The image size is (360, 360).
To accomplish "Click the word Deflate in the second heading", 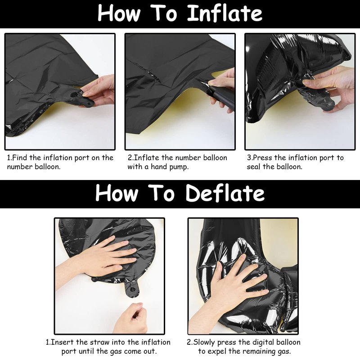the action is pos(225,193).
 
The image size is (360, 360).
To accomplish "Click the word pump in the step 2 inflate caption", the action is pos(179,167).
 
